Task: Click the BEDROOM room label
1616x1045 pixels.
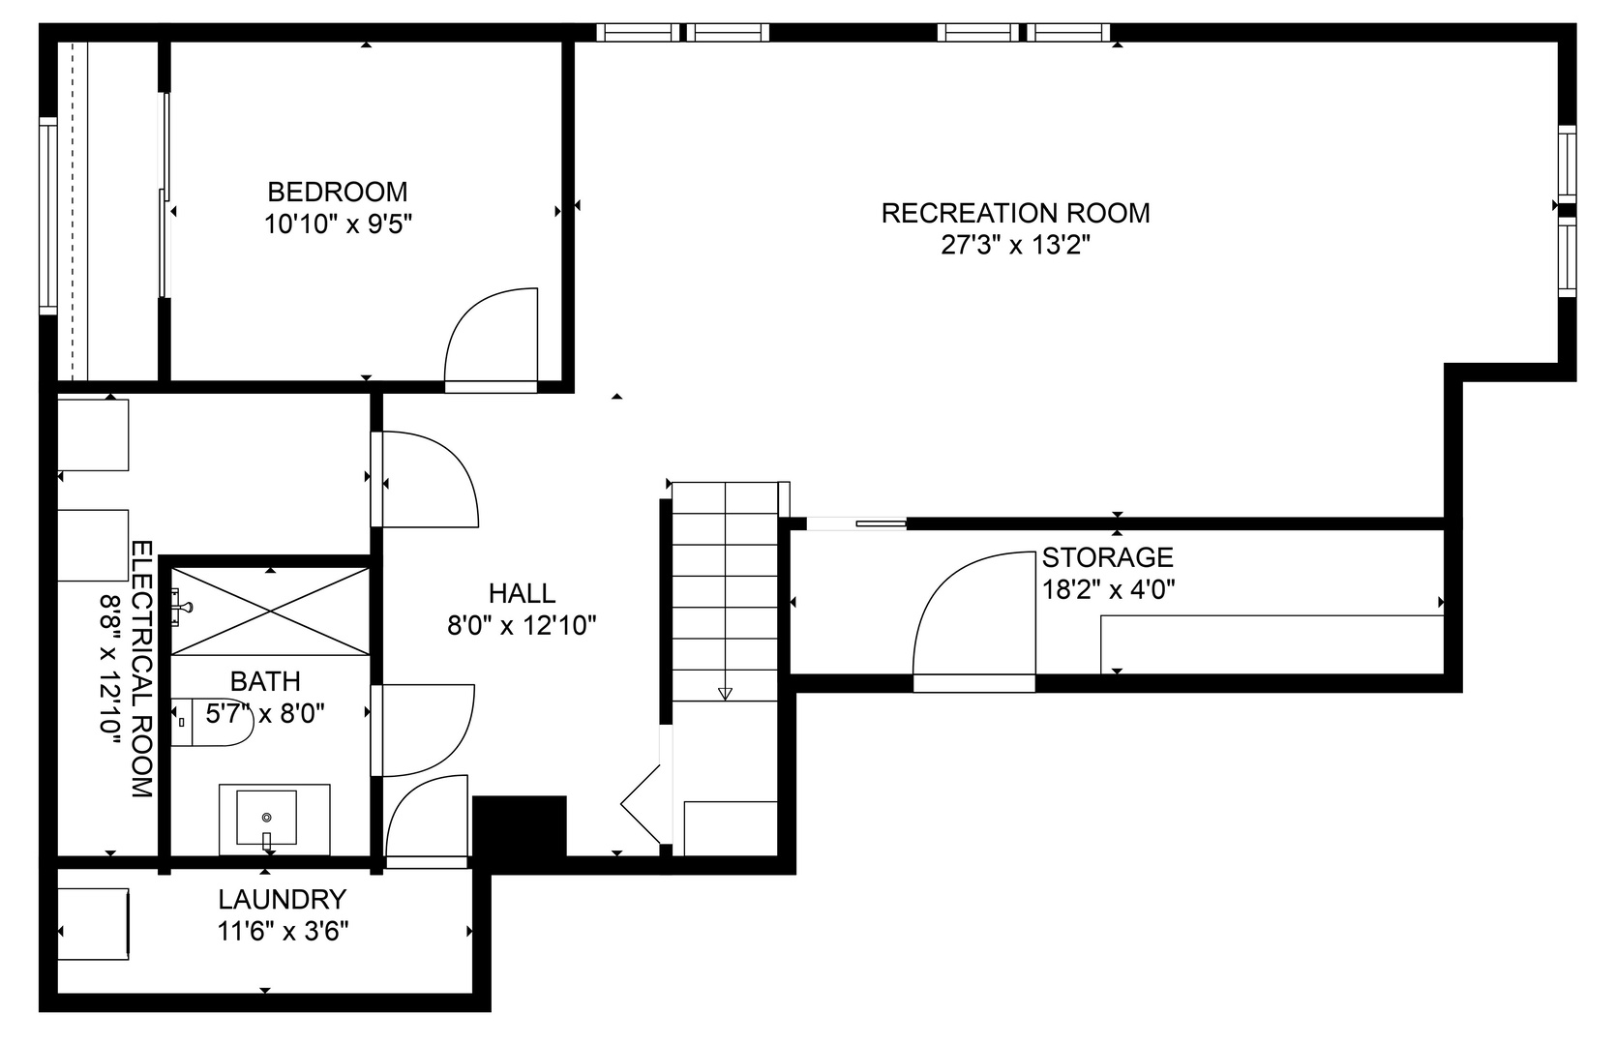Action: coord(337,192)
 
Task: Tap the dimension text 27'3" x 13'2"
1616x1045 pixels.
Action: coord(1015,246)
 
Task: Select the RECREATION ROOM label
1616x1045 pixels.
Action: coord(1015,213)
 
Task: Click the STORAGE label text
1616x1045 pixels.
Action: coord(1107,557)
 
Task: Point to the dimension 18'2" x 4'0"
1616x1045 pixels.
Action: coord(1108,589)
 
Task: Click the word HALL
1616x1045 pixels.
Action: coord(522,593)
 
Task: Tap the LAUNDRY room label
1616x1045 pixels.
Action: coord(282,900)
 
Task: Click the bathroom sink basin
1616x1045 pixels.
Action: coord(267,819)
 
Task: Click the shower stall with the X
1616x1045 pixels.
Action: coord(270,612)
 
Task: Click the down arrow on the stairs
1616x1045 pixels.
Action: coord(725,692)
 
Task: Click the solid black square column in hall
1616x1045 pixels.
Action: coord(519,827)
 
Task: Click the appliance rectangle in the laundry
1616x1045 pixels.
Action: coord(93,923)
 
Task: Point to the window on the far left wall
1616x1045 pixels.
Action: coord(47,215)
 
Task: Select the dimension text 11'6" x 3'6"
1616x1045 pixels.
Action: coord(283,932)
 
